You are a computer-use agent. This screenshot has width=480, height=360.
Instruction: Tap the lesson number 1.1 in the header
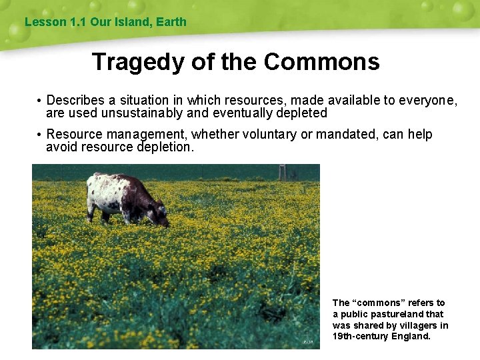pos(78,22)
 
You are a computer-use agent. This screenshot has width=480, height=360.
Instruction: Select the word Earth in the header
pos(172,22)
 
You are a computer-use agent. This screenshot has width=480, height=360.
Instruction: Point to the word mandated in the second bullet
pos(347,135)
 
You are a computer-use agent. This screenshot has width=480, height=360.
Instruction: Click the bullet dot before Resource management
pos(40,135)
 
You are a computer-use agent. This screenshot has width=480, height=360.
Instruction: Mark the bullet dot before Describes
pos(40,101)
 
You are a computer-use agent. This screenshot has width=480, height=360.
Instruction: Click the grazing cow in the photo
pos(127,197)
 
